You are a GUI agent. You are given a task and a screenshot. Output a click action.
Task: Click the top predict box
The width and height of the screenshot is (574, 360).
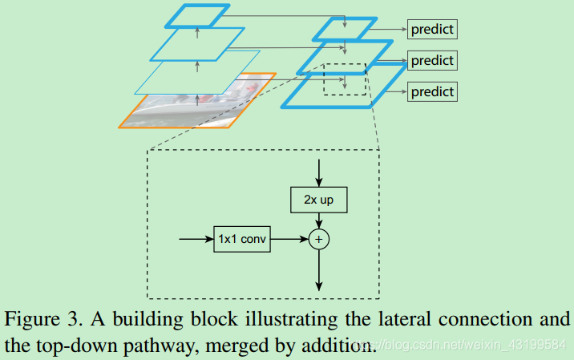pyautogui.click(x=432, y=30)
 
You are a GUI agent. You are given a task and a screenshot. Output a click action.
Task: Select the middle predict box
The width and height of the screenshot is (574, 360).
pyautogui.click(x=432, y=60)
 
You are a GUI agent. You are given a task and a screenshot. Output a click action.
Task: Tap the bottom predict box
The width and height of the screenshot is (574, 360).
pyautogui.click(x=432, y=91)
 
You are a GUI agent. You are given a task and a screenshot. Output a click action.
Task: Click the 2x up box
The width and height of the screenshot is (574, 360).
pyautogui.click(x=319, y=199)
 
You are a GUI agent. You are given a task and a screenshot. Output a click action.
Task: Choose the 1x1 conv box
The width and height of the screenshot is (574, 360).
pyautogui.click(x=242, y=239)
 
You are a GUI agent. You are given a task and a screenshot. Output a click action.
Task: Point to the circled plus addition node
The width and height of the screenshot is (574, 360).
pyautogui.click(x=319, y=239)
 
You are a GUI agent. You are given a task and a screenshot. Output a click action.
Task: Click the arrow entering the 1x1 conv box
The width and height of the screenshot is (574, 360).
pyautogui.click(x=196, y=239)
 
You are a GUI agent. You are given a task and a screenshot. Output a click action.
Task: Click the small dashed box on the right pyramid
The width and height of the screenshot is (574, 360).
pyautogui.click(x=344, y=79)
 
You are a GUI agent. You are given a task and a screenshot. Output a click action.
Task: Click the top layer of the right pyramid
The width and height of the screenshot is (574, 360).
pyautogui.click(x=344, y=29)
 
